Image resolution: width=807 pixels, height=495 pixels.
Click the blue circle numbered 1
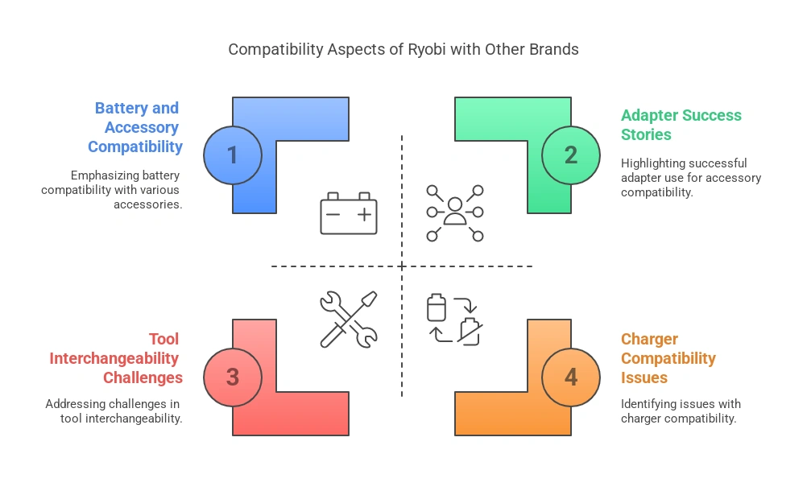[233, 154]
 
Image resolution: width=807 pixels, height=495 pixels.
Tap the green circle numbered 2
[571, 154]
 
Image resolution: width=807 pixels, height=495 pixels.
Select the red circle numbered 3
[233, 377]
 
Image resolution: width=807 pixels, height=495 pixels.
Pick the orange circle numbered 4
[571, 377]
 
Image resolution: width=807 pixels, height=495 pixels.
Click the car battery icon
[348, 212]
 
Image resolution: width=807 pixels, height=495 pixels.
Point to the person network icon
[455, 212]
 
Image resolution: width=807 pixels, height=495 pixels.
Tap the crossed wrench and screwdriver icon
[348, 320]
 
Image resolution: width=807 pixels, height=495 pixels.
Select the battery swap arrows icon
[455, 320]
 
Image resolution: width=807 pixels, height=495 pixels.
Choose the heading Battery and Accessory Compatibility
[136, 127]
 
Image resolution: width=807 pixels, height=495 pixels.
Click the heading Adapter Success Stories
[681, 125]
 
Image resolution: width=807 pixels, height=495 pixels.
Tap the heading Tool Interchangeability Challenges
[117, 358]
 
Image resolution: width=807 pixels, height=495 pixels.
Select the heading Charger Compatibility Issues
[668, 358]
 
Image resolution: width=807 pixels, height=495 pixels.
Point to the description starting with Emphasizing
[112, 190]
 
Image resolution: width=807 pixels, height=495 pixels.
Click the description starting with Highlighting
[690, 178]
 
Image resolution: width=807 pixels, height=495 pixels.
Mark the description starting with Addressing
[114, 410]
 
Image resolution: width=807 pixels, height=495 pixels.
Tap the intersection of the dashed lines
[402, 266]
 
